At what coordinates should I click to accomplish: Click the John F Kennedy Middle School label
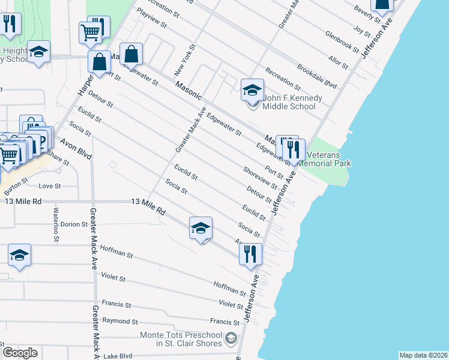pyautogui.click(x=289, y=103)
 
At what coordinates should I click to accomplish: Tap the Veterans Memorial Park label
pyautogui.click(x=324, y=159)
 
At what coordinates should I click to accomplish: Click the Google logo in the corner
pyautogui.click(x=20, y=352)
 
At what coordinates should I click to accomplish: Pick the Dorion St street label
pyautogui.click(x=74, y=224)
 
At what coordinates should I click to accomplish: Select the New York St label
pyautogui.click(x=185, y=60)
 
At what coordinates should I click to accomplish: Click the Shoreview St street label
pyautogui.click(x=260, y=178)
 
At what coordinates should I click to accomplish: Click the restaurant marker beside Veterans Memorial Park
pyautogui.click(x=294, y=148)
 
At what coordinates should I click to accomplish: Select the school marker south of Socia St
pyautogui.click(x=201, y=229)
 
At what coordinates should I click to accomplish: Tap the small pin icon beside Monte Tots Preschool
pyautogui.click(x=231, y=340)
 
